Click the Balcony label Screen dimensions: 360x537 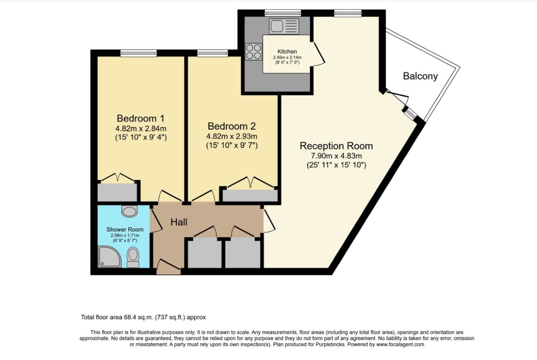[x=420, y=76]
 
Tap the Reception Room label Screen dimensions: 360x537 [x=336, y=146]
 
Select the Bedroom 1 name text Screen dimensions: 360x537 [x=140, y=118]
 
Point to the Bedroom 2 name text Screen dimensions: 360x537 [x=231, y=126]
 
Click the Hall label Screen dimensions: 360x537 [x=179, y=222]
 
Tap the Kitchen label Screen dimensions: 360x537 [x=287, y=52]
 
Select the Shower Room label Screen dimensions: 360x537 [x=125, y=229]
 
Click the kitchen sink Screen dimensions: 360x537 [x=283, y=26]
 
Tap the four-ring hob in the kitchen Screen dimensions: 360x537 [x=254, y=51]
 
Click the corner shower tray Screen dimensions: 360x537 [x=109, y=256]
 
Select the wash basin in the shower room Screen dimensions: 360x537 [x=130, y=211]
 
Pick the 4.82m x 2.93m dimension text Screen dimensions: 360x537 [x=231, y=136]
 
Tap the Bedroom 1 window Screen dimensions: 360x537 [x=138, y=53]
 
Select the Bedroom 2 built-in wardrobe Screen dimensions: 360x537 [x=250, y=196]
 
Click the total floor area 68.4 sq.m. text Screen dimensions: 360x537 [x=143, y=317]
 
